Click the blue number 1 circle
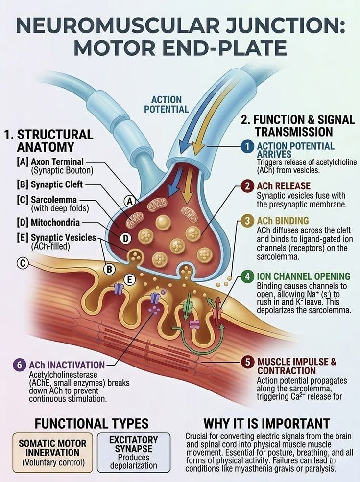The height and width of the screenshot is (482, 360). click(247, 147)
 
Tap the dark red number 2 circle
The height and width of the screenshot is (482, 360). click(247, 186)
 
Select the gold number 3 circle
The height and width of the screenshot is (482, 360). click(247, 221)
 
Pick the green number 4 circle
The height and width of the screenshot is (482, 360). click(247, 276)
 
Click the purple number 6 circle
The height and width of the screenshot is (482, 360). click(20, 365)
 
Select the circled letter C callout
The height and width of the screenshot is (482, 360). click(23, 263)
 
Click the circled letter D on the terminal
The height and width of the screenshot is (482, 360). click(125, 239)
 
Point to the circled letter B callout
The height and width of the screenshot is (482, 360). click(109, 270)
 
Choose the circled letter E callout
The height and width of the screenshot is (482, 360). click(129, 280)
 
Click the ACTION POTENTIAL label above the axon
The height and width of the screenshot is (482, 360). click(167, 104)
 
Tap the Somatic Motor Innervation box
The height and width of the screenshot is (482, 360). click(52, 453)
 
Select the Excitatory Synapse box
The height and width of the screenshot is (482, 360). click(134, 453)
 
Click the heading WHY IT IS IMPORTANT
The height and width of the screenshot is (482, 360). click(267, 424)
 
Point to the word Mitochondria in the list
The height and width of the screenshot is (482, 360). click(55, 222)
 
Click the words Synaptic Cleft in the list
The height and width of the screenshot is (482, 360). click(57, 184)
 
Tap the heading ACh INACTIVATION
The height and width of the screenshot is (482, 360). click(67, 365)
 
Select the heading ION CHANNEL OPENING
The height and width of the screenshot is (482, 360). click(304, 276)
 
